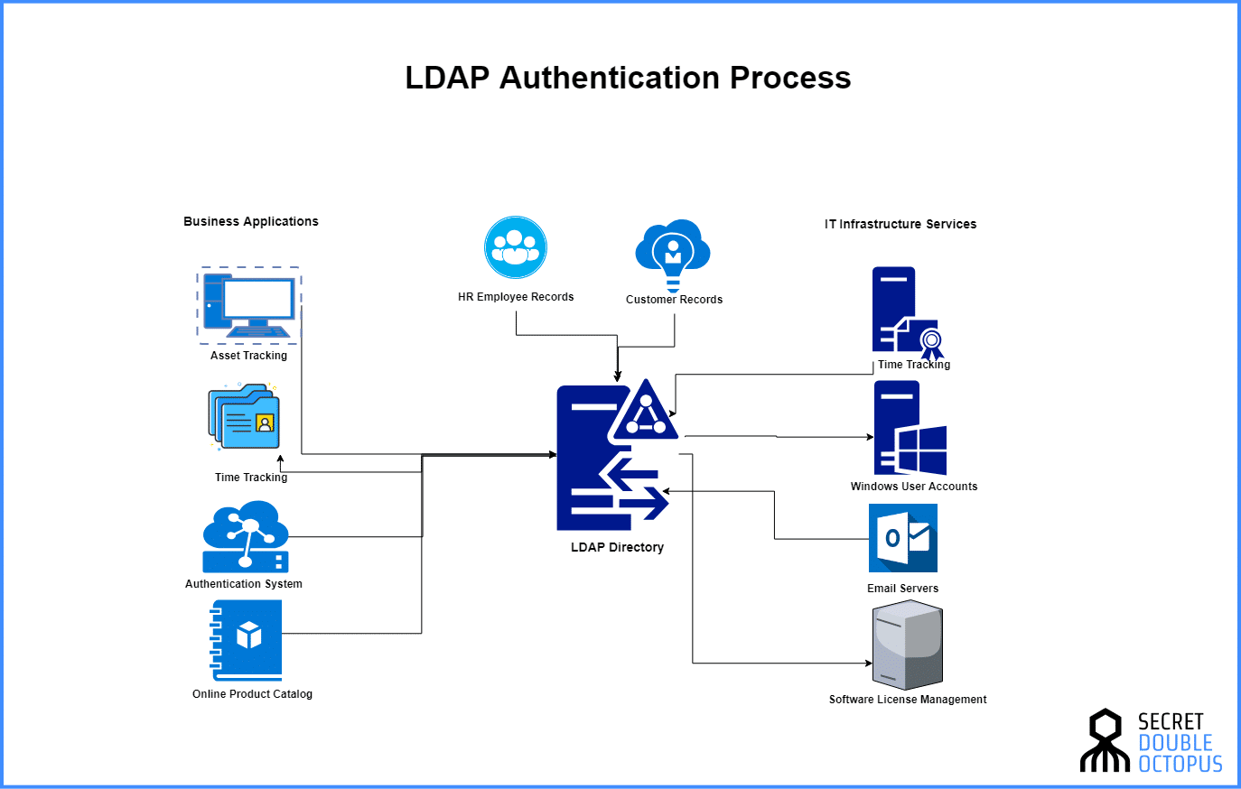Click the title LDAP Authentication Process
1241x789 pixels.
click(x=628, y=78)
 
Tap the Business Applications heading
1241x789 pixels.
click(x=251, y=221)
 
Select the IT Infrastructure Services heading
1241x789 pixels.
click(x=900, y=224)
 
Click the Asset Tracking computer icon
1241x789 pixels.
click(x=249, y=305)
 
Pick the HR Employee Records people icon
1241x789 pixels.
click(x=515, y=247)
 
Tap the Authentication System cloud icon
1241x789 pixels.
click(x=246, y=535)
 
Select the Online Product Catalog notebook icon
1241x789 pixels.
click(x=247, y=639)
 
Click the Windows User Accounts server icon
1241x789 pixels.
click(x=909, y=429)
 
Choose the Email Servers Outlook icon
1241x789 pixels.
click(x=902, y=538)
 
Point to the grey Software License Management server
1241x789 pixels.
click(x=908, y=647)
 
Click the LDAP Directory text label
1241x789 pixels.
click(x=617, y=547)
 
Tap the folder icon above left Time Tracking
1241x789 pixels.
click(x=245, y=417)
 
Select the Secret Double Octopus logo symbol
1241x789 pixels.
click(x=1105, y=741)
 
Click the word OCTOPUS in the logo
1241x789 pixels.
click(x=1180, y=764)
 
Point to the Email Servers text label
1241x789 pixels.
click(x=902, y=589)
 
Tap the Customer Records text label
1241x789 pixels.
click(x=674, y=300)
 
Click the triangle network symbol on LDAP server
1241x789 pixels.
click(x=644, y=412)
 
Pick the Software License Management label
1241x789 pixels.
click(x=908, y=700)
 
